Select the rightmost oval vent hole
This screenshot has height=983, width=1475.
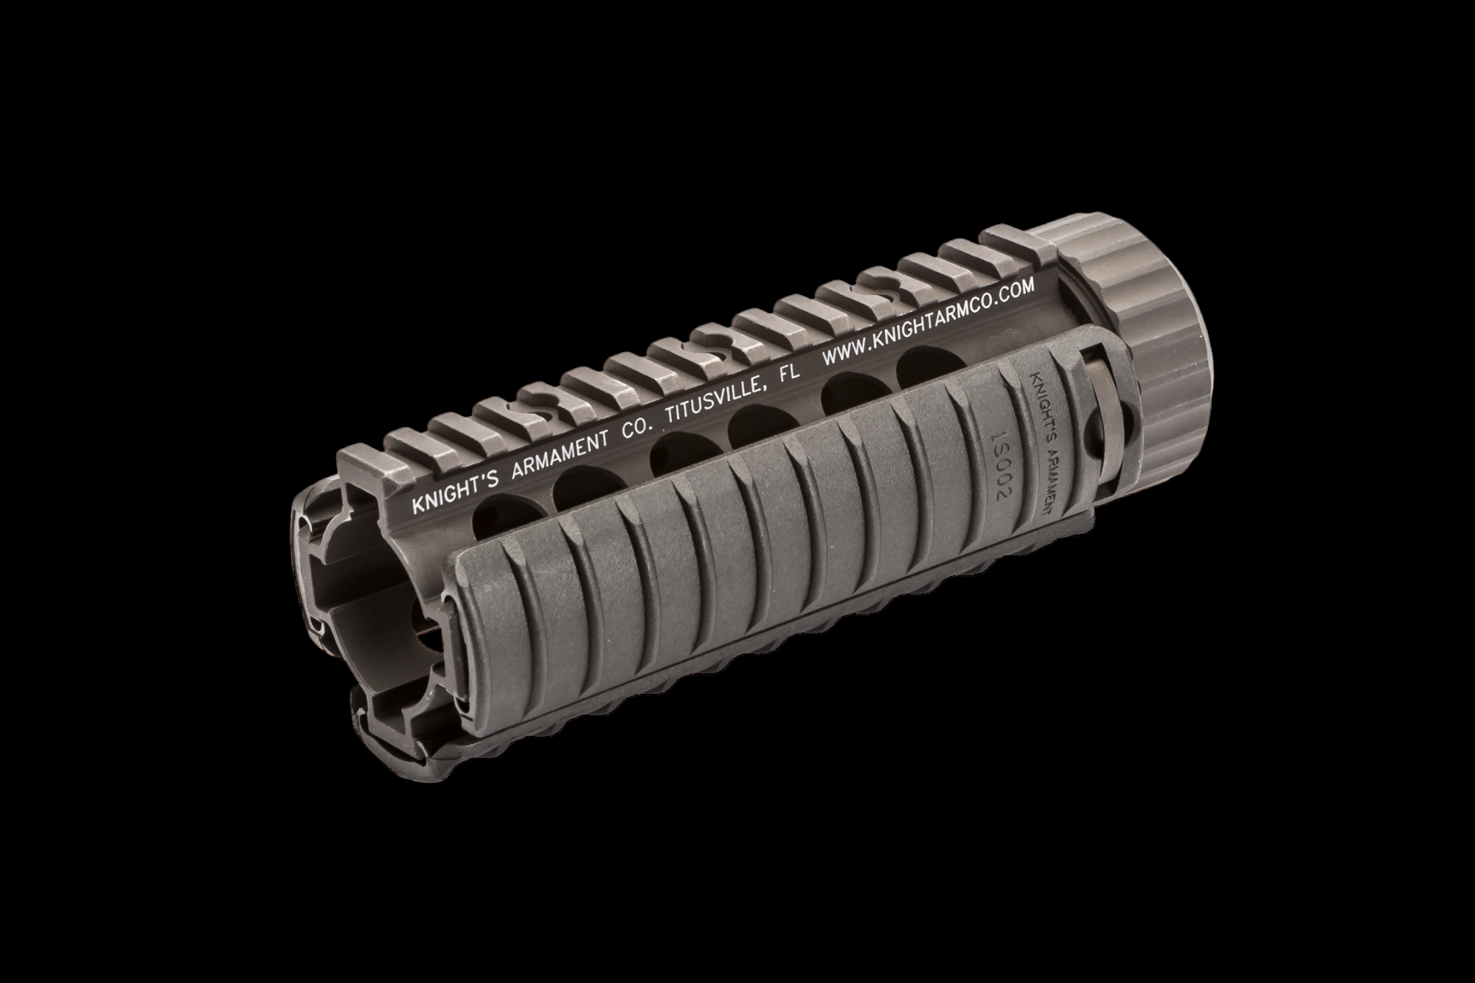coord(921,360)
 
